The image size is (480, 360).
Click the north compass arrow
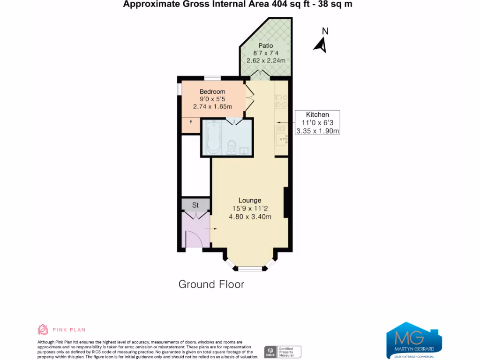(321, 45)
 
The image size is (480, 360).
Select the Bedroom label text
(212, 91)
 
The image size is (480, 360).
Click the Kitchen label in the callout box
(317, 114)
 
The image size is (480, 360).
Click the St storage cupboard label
(195, 205)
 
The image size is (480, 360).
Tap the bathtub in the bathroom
(214, 136)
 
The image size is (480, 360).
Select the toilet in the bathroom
(230, 147)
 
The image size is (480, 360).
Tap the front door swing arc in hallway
(194, 239)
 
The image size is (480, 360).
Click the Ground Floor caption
(211, 284)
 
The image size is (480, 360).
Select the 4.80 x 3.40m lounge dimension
(250, 216)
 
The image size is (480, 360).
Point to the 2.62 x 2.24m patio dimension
(265, 60)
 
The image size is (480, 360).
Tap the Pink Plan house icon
(43, 330)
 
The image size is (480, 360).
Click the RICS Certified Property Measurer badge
(283, 352)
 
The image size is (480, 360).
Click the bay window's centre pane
(250, 269)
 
